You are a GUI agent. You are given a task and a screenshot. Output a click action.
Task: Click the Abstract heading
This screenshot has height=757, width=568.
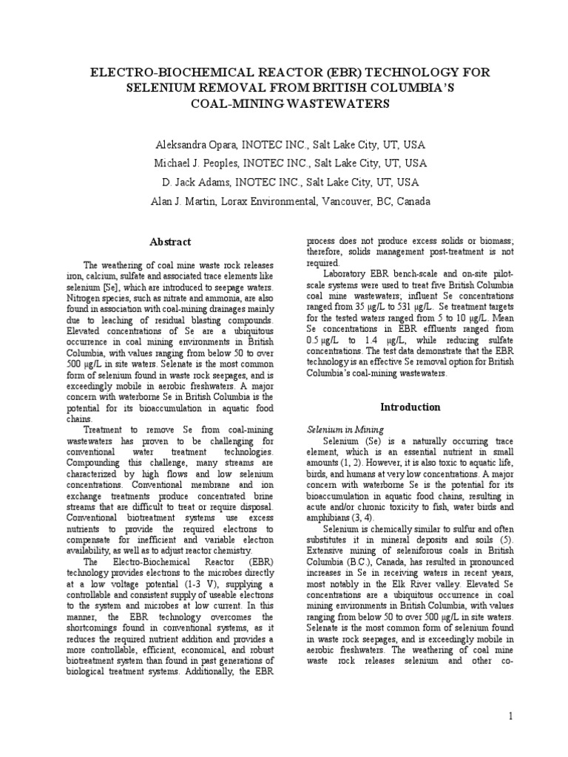tap(170, 242)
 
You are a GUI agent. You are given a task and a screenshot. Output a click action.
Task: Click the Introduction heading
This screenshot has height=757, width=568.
tap(410, 407)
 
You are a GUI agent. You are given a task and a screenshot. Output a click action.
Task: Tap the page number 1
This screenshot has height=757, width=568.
tap(511, 716)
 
